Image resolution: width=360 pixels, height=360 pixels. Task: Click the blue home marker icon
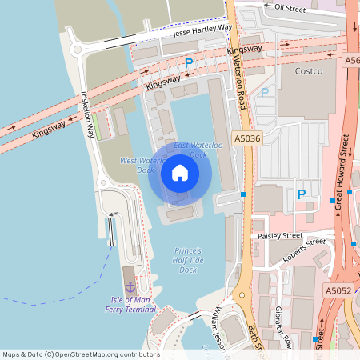[179, 173]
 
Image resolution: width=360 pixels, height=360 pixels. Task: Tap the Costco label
[308, 71]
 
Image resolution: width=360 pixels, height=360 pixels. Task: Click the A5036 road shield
[248, 139]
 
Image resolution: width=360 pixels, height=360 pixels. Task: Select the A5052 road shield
[338, 290]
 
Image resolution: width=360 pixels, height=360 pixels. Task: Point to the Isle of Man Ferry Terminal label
[130, 305]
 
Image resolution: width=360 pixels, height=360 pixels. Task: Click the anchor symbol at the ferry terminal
[130, 286]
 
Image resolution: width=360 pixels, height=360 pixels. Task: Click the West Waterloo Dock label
[136, 165]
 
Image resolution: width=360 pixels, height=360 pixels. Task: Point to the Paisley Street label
[280, 237]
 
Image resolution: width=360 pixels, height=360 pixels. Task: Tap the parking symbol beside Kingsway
[189, 62]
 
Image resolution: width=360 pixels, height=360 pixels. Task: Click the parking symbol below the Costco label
[302, 194]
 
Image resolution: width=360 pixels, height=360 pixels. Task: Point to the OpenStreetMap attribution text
[80, 354]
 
